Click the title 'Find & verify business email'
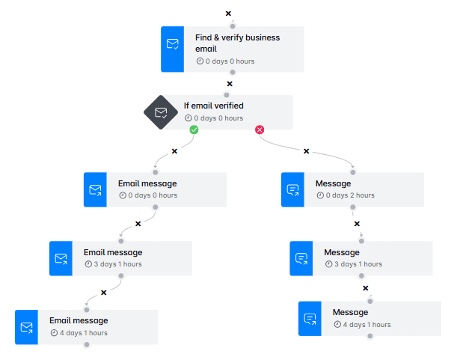[237, 43]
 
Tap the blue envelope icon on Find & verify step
[172, 44]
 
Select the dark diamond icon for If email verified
[161, 112]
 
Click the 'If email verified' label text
[213, 106]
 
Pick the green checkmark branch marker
[194, 129]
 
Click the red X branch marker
[260, 129]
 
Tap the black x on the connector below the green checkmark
[174, 151]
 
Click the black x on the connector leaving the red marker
[306, 151]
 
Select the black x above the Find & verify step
[228, 13]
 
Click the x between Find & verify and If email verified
[230, 84]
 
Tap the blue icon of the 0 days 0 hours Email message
[95, 190]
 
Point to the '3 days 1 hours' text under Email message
[117, 264]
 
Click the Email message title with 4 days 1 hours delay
[79, 320]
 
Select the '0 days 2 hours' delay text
[349, 195]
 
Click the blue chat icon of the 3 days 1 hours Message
[301, 258]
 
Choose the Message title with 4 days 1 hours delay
[350, 312]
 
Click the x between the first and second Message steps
[357, 223]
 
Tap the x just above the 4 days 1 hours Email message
[103, 292]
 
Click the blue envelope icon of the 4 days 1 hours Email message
[26, 327]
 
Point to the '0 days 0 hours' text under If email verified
[218, 118]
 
